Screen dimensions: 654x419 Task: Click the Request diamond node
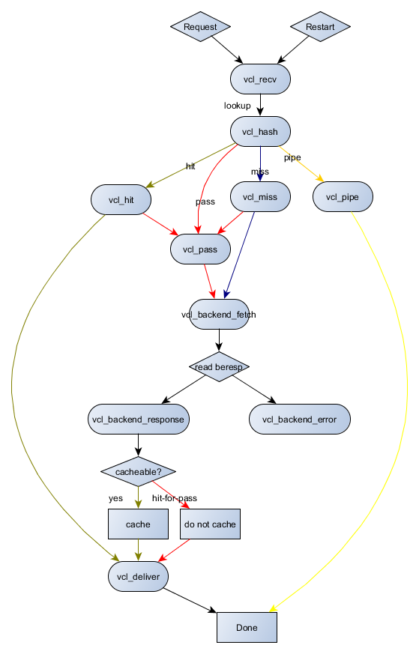200,27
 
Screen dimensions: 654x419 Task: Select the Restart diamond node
320,27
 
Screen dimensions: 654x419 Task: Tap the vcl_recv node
260,79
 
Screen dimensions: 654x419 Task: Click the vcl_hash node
260,132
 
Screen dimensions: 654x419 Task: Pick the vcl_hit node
121,199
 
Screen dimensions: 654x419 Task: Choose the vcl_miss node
260,198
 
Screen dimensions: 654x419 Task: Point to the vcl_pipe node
343,198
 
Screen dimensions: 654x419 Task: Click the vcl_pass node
200,249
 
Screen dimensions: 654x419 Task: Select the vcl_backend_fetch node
219,315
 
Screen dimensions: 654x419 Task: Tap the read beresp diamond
219,367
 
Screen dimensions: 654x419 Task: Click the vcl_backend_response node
138,419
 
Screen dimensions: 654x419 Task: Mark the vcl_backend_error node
300,419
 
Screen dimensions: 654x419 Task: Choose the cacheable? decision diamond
138,472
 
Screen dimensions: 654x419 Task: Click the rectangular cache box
138,524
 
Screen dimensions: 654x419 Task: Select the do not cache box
210,524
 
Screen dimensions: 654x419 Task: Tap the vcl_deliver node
138,577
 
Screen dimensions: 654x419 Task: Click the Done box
247,627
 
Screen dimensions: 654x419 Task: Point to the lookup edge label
237,106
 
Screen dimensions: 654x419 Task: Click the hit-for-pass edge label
175,497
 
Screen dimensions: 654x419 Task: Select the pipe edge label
292,157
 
